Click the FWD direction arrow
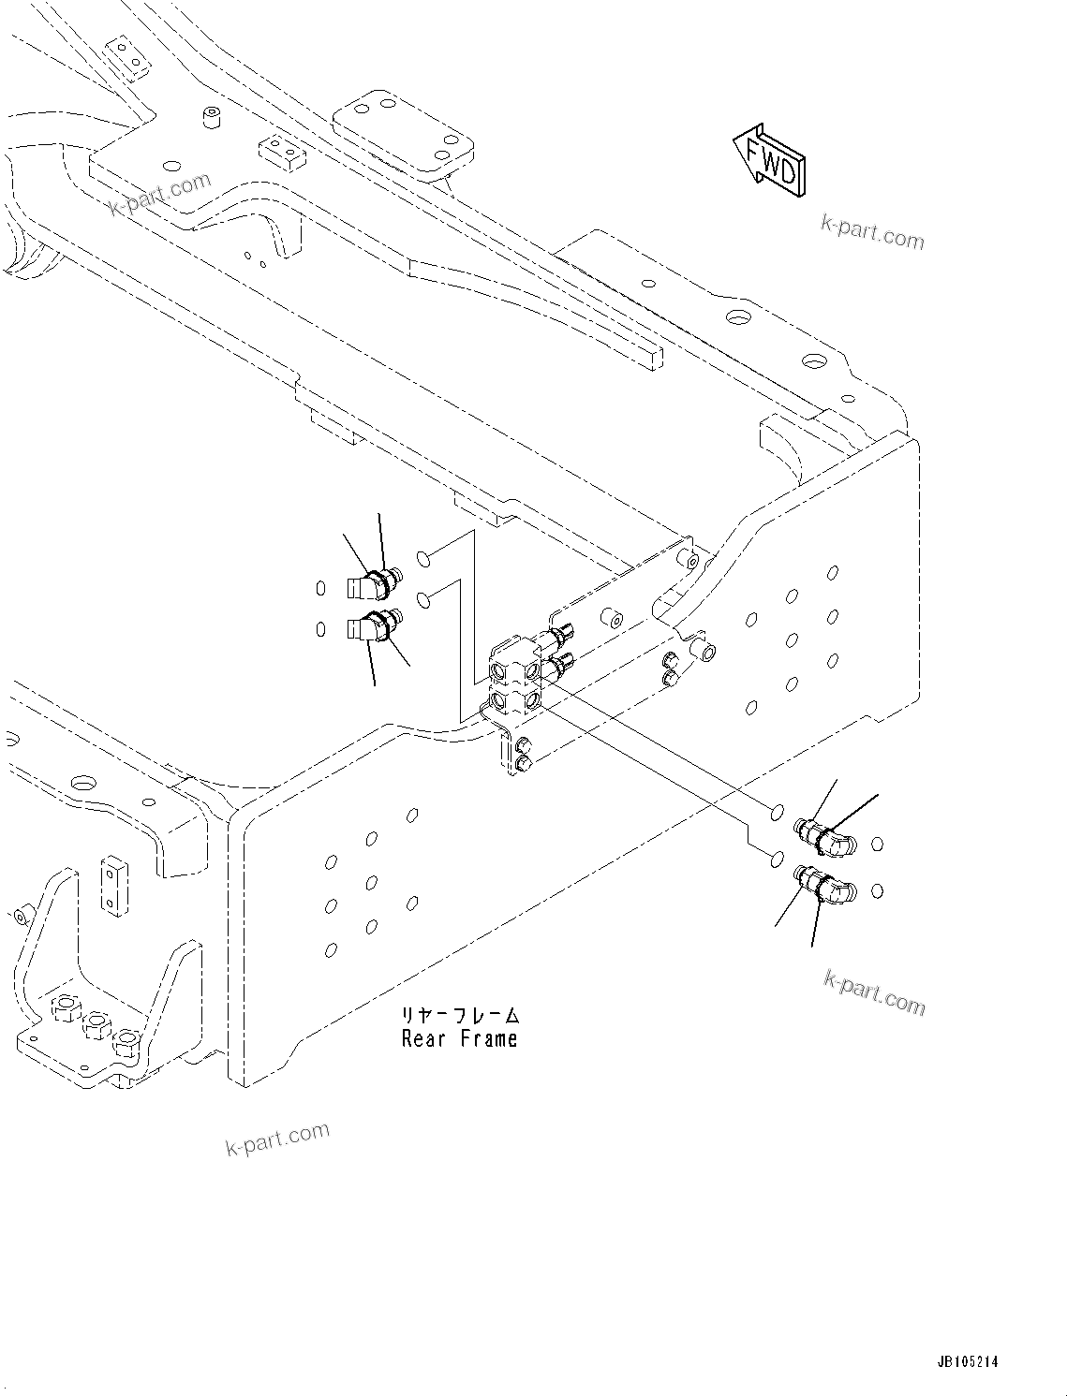769,160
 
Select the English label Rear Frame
459,1038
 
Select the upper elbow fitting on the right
822,835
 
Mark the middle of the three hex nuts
94,1027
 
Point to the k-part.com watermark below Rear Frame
277,1138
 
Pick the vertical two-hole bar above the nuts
112,882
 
